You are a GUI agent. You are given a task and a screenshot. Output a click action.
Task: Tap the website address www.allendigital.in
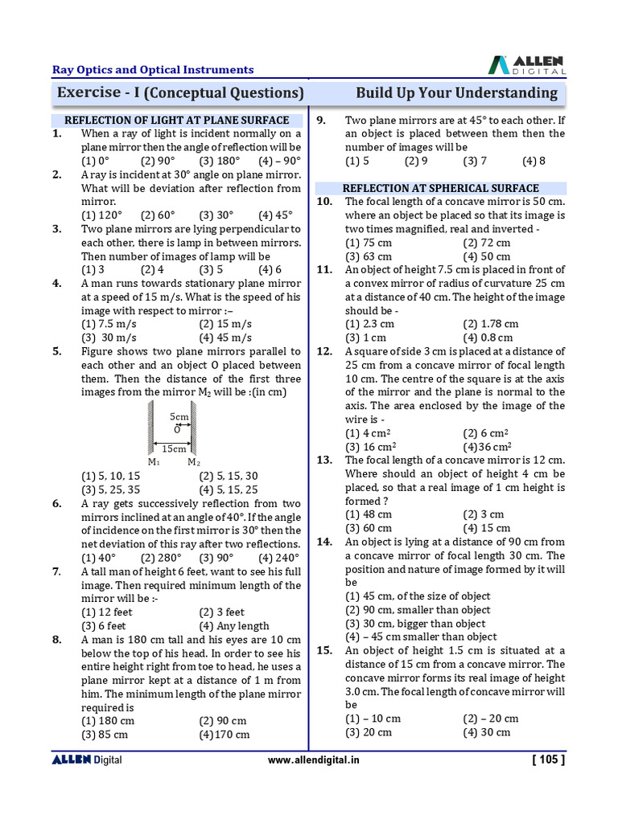click(x=313, y=760)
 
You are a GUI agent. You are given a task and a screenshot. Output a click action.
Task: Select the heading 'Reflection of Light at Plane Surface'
click(x=176, y=120)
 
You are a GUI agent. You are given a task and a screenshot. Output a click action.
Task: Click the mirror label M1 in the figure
click(x=153, y=462)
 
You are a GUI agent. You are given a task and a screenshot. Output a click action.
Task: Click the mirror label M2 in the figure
click(x=194, y=462)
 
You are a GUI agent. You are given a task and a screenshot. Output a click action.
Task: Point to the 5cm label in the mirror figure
click(x=179, y=417)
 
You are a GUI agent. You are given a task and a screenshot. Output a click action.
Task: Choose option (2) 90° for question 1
click(x=158, y=161)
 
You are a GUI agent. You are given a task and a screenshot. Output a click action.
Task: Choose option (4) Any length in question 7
click(x=233, y=625)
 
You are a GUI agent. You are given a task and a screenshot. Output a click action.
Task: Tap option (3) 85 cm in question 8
click(x=105, y=734)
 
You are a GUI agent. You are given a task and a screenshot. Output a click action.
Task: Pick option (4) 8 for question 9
click(x=534, y=161)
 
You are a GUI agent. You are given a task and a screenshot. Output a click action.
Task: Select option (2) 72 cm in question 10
click(x=487, y=243)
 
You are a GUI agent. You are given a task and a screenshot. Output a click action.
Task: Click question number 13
click(x=324, y=461)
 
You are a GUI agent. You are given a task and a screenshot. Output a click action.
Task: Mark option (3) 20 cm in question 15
click(x=369, y=732)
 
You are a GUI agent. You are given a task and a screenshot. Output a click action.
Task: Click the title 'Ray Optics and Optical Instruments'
click(x=153, y=70)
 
